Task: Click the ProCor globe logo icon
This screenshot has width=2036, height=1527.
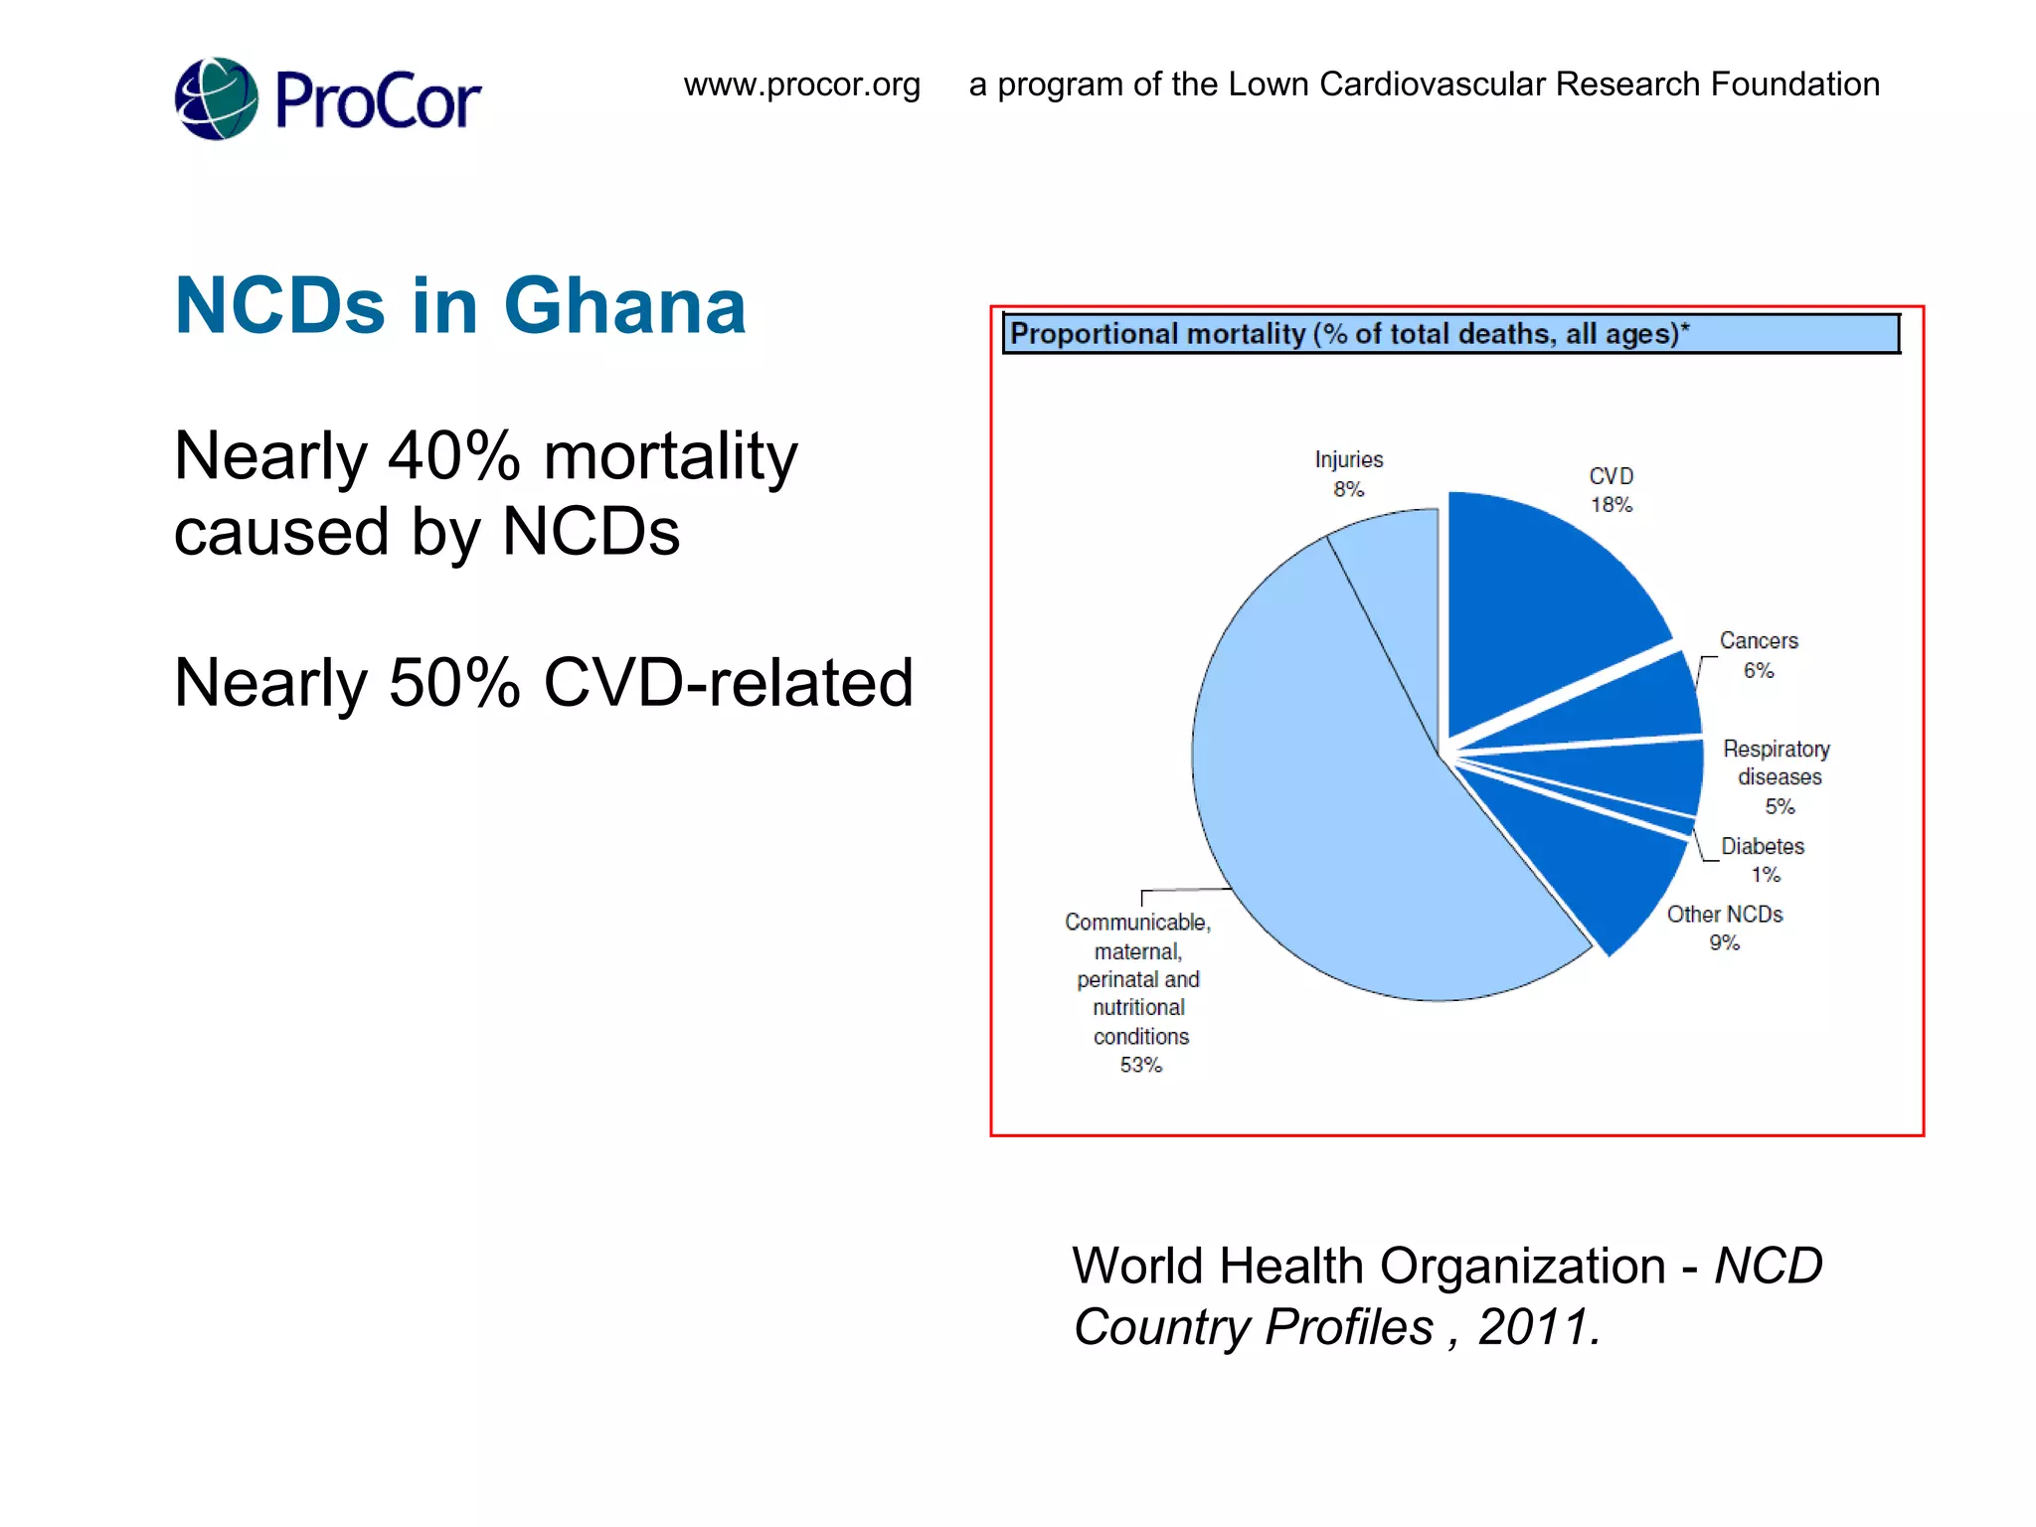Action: point(217,98)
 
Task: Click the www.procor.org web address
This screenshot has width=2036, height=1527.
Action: point(801,85)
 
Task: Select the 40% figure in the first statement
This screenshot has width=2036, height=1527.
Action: point(453,456)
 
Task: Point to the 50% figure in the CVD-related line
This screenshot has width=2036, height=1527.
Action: point(454,683)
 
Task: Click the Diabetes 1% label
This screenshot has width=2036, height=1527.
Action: point(1763,860)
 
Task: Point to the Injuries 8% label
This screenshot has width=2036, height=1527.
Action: point(1348,474)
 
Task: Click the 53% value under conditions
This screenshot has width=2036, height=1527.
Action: point(1140,1065)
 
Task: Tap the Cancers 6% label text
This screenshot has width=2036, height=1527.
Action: point(1758,655)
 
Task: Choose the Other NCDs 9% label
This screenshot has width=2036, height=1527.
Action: point(1725,928)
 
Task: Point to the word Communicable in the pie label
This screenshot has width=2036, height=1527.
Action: point(1137,923)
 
